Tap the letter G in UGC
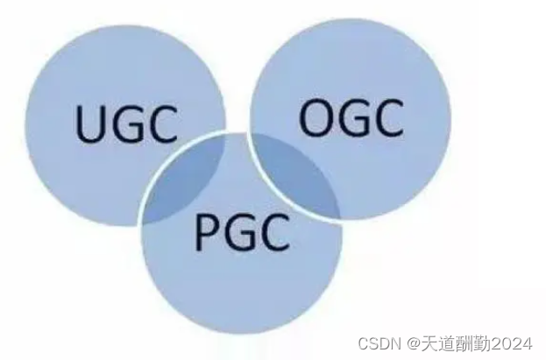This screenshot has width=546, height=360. point(128,124)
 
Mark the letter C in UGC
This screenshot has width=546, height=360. point(161,124)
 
